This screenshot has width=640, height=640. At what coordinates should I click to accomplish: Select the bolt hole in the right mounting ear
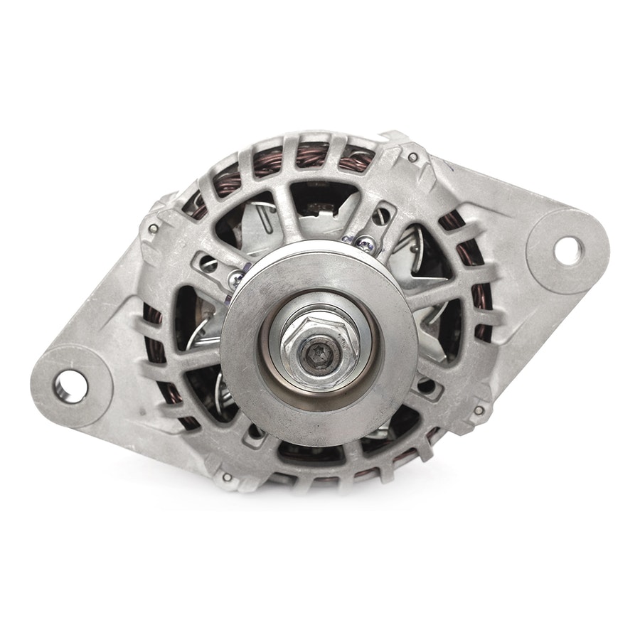[x=567, y=249]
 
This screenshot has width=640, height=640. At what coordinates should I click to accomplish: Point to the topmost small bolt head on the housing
[x=412, y=157]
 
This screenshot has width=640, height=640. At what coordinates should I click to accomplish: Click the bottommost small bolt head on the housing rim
[x=227, y=476]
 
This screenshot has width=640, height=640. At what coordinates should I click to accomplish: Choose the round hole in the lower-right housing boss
[x=427, y=388]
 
